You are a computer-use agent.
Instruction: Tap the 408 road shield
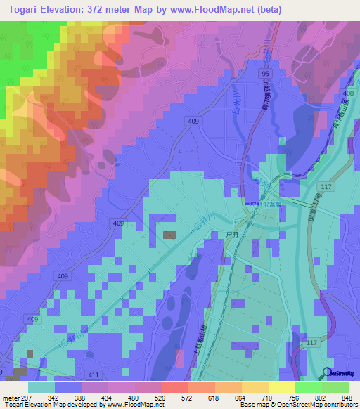(x=347, y=93)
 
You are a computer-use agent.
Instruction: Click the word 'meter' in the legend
(x=10, y=397)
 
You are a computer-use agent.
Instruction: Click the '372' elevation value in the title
(x=104, y=9)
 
